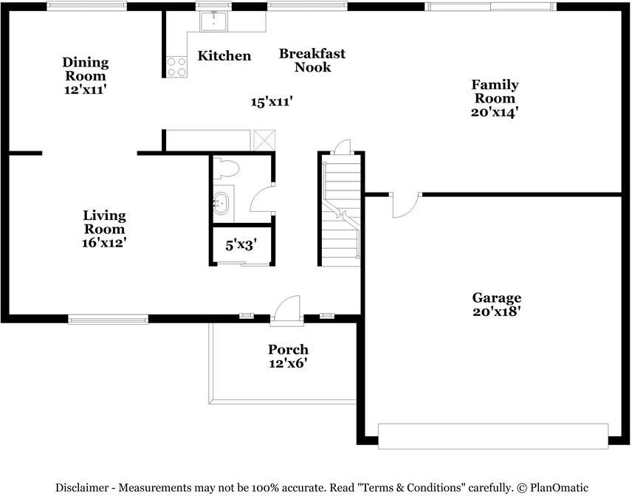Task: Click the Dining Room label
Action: [86, 69]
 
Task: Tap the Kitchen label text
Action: [224, 55]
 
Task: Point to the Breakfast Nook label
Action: [312, 60]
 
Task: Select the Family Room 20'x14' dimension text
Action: [495, 111]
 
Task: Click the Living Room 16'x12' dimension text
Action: [104, 242]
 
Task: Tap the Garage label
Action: [497, 297]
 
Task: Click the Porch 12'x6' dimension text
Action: [289, 363]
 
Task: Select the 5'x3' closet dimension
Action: [241, 244]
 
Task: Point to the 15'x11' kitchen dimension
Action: [271, 102]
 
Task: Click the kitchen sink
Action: [213, 21]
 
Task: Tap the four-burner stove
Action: [177, 66]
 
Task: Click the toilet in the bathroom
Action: [227, 168]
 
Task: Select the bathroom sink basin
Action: [221, 204]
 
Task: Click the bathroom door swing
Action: [261, 199]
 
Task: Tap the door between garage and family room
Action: [406, 206]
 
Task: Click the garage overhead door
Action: [493, 436]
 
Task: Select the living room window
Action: [108, 320]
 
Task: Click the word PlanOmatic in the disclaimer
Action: [559, 488]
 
